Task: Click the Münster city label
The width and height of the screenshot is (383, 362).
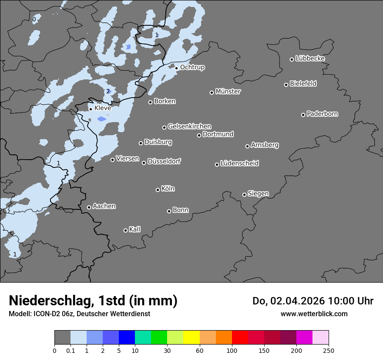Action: coord(228,92)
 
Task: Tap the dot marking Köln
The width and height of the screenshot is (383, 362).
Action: coord(158,190)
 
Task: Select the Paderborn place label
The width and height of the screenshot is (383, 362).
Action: coord(322,114)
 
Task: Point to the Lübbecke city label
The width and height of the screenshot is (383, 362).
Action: coord(310,58)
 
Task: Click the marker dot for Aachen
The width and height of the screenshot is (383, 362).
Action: coord(89,207)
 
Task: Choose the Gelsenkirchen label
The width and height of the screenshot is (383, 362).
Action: coord(189,126)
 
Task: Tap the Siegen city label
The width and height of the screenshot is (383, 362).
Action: coord(258,194)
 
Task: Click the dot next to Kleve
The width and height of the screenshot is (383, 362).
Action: coord(91,109)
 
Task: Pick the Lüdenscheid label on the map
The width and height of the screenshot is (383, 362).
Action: coord(239,164)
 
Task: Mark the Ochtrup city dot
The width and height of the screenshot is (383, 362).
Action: coord(176,68)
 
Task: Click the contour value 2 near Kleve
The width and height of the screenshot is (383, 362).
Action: coord(108,91)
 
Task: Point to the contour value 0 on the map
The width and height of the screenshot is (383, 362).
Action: coord(34,20)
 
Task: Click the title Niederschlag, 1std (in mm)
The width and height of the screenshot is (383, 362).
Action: coord(93,301)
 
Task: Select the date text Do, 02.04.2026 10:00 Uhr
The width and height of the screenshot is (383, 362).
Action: coord(312,301)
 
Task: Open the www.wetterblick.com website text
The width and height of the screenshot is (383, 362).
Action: coord(314,314)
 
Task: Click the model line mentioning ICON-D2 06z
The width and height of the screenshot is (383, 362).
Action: coord(79,314)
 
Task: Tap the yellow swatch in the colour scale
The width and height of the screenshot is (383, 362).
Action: coord(191,338)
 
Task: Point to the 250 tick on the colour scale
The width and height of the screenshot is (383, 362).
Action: coord(328,350)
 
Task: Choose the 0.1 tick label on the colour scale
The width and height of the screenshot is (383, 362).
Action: coord(71,350)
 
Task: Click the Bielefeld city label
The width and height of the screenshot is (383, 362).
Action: coord(303,83)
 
